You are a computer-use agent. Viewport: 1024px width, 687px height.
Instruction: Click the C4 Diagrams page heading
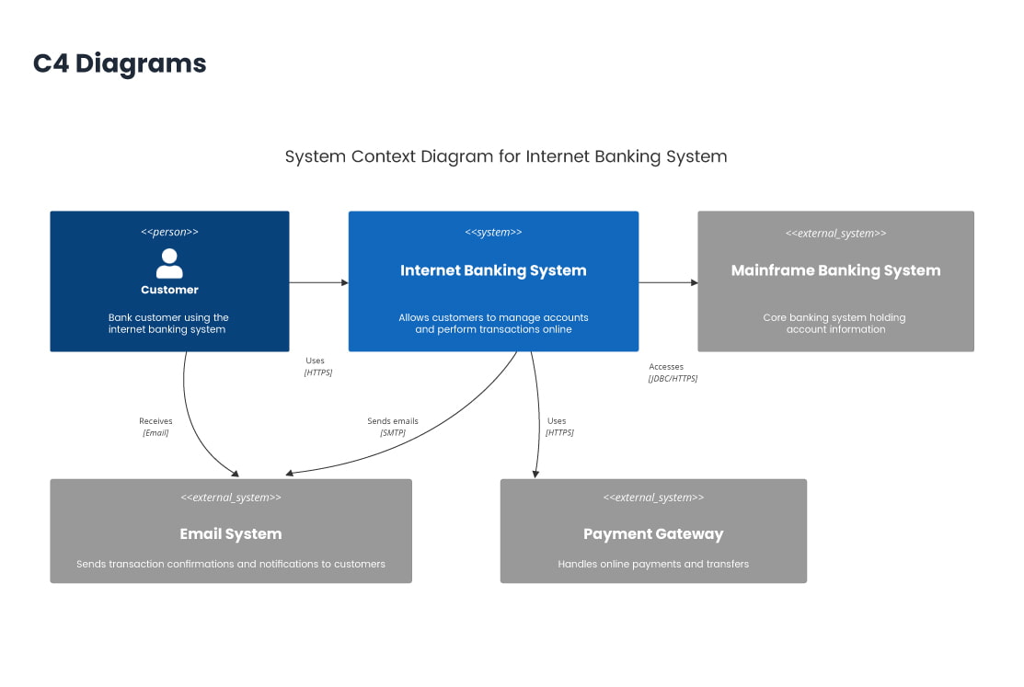[120, 63]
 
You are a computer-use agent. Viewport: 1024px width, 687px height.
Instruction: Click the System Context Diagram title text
[506, 156]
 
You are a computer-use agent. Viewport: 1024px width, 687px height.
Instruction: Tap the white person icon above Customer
[169, 263]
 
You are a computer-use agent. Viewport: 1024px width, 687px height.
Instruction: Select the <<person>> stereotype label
[169, 232]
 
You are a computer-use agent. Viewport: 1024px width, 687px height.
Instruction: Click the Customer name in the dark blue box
[169, 290]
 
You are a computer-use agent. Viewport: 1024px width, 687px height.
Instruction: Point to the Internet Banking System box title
[493, 270]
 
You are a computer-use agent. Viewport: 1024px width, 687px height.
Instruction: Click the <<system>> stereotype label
[493, 232]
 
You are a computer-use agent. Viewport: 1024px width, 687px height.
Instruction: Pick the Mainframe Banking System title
[835, 270]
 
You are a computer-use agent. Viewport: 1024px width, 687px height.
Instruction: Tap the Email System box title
[231, 533]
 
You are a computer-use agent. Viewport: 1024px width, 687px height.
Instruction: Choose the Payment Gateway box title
[653, 533]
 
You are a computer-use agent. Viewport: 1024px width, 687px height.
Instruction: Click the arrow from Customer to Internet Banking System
[318, 282]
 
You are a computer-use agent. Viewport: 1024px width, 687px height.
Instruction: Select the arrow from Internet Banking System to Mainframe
[668, 282]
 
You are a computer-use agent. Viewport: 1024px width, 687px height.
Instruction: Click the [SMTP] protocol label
[393, 432]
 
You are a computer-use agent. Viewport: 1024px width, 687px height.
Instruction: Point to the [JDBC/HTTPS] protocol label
[673, 378]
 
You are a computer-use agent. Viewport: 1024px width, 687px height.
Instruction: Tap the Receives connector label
[155, 421]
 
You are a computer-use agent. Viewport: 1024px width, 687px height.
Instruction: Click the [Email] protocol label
[155, 432]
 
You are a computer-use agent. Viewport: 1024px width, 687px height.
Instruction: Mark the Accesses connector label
[666, 367]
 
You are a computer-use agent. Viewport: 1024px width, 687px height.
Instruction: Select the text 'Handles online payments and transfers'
[653, 564]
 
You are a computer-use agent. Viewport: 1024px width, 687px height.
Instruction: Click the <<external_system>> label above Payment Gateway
[653, 498]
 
